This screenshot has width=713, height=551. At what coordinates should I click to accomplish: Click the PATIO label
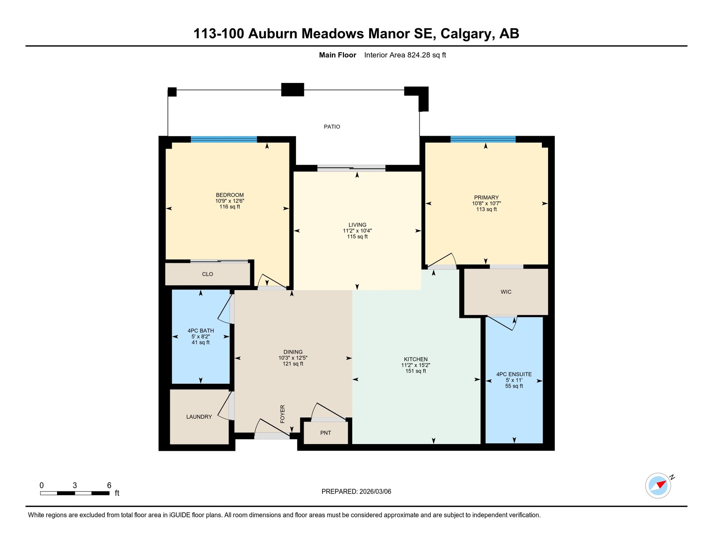(332, 127)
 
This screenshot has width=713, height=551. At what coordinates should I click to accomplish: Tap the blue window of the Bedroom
(224, 140)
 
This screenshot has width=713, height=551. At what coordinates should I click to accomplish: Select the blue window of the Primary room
(483, 140)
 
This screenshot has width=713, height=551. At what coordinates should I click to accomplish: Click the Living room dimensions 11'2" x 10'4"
(357, 231)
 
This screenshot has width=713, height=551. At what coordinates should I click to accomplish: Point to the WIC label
(506, 292)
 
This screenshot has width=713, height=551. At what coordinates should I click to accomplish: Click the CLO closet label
(207, 274)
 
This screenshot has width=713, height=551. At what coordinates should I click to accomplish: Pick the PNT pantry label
(325, 433)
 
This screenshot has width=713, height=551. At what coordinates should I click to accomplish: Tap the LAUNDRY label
(199, 416)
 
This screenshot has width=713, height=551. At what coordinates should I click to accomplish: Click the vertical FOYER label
(282, 414)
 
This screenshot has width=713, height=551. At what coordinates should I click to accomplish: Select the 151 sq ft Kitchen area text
(416, 371)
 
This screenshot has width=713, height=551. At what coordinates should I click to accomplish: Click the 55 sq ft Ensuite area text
(514, 386)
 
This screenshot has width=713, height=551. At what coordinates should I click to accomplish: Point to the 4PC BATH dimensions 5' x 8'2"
(200, 336)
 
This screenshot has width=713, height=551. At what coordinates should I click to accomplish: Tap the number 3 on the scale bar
(75, 485)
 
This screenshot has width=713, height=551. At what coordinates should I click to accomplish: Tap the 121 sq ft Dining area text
(293, 364)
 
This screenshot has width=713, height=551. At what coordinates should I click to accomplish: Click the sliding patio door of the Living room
(351, 168)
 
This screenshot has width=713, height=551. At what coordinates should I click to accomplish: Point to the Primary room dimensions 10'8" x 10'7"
(486, 203)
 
